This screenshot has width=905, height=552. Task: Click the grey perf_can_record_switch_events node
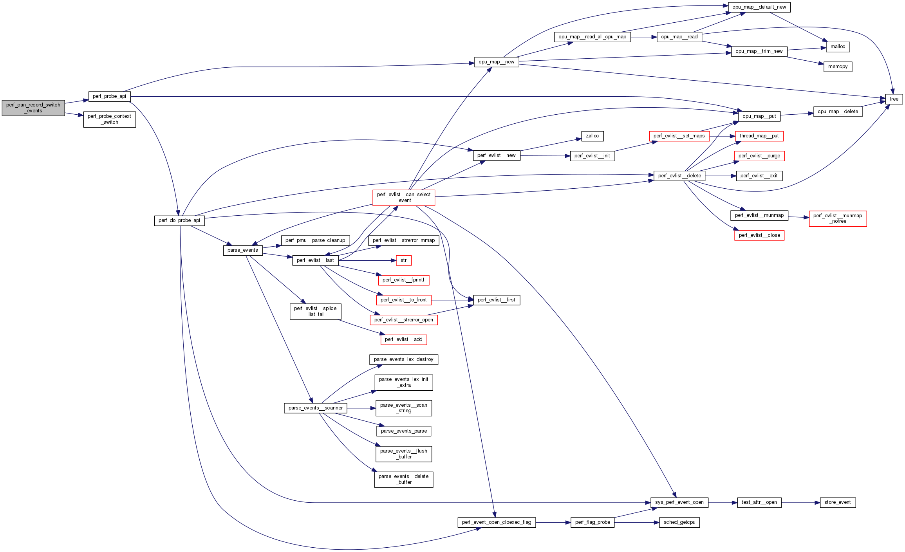tap(33, 108)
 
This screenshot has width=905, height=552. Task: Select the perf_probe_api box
tap(109, 96)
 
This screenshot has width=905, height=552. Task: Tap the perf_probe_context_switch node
tap(109, 119)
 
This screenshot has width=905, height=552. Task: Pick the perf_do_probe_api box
tap(179, 220)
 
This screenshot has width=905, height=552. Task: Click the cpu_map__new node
tap(496, 62)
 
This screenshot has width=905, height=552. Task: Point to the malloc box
tap(838, 47)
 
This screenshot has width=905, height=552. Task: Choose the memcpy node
tap(838, 67)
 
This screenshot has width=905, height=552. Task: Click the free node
tap(894, 99)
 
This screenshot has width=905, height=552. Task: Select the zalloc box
tap(592, 136)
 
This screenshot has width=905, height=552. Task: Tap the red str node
tap(403, 260)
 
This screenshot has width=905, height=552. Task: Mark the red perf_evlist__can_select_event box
tap(403, 198)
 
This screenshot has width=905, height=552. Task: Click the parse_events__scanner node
tap(315, 408)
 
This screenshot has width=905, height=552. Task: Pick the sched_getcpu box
tap(679, 522)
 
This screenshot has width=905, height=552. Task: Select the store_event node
tap(837, 502)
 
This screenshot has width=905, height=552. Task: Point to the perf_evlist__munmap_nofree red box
tap(837, 218)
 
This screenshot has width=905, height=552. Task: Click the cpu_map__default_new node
tap(759, 7)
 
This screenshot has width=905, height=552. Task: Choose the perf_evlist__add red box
tap(403, 339)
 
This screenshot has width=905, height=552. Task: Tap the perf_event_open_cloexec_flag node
tap(496, 522)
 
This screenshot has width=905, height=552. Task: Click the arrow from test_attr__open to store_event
tap(800, 503)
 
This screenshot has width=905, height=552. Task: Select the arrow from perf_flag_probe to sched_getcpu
tap(636, 523)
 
